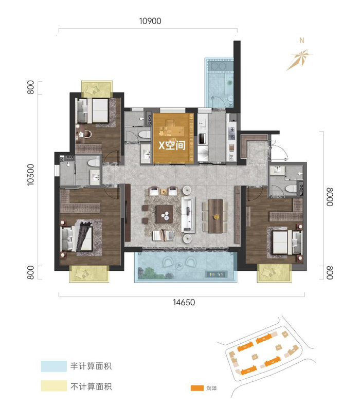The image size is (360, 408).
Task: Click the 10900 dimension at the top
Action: (150, 21)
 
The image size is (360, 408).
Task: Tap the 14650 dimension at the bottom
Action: (184, 302)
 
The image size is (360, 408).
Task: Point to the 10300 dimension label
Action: (31, 175)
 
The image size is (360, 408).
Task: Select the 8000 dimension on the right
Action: (330, 197)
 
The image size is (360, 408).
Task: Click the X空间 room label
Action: (172, 145)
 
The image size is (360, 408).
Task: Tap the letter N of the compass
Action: (302, 41)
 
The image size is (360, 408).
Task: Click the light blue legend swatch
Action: (54, 366)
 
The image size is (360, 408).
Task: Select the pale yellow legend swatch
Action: (54, 385)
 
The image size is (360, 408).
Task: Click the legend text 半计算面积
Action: (91, 366)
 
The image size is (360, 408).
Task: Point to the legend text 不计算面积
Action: (91, 386)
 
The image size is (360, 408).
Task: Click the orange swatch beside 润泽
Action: (197, 388)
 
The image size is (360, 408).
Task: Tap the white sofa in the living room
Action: (188, 215)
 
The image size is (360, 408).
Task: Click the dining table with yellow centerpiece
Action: (215, 216)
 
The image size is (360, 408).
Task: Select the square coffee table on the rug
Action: (165, 214)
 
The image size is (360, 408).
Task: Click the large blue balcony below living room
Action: (186, 267)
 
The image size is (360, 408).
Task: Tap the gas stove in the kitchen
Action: (231, 133)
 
